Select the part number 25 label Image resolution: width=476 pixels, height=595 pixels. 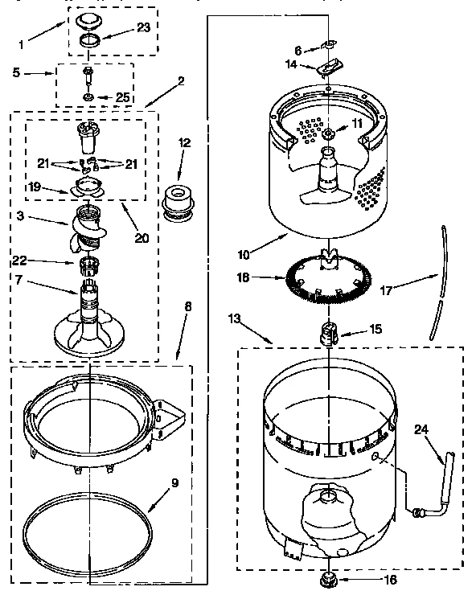click(122, 97)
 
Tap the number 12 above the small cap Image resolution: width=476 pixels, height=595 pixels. click(184, 143)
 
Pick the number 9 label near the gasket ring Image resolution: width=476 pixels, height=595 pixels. click(174, 486)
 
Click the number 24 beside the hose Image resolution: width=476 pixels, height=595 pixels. click(421, 429)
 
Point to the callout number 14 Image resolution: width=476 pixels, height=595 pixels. click(292, 64)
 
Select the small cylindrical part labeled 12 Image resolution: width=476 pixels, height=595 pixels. click(176, 202)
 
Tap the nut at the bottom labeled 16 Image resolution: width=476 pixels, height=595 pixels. click(328, 577)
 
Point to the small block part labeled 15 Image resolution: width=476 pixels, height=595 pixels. click(329, 332)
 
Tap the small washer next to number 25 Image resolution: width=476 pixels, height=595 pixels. click(88, 98)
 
